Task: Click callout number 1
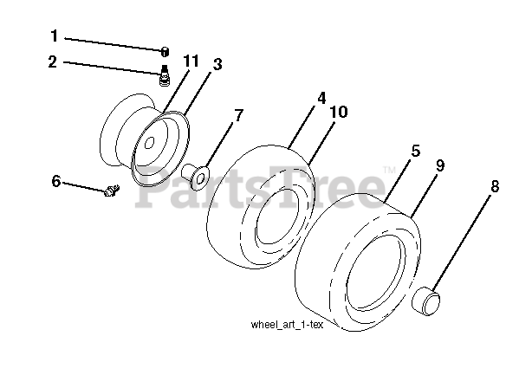pyautogui.click(x=53, y=37)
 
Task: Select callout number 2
pyautogui.click(x=53, y=62)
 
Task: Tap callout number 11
pyautogui.click(x=191, y=60)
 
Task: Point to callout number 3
pyautogui.click(x=217, y=64)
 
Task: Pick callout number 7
pyautogui.click(x=238, y=113)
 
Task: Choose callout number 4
pyautogui.click(x=321, y=98)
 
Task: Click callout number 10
pyautogui.click(x=341, y=112)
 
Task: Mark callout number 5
pyautogui.click(x=415, y=151)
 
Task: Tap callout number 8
pyautogui.click(x=495, y=184)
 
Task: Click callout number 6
pyautogui.click(x=56, y=181)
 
